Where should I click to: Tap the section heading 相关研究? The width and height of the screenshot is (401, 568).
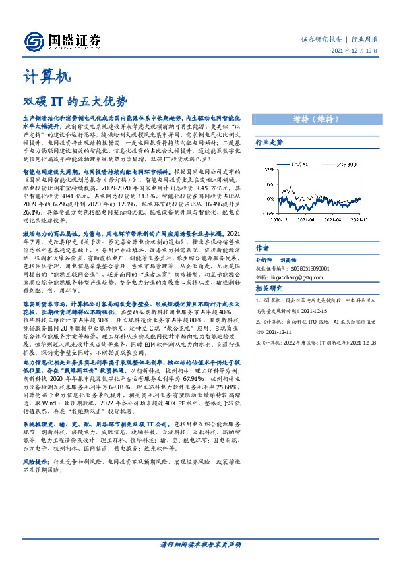[269, 288]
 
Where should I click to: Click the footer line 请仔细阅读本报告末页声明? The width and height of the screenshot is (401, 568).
[200, 544]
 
